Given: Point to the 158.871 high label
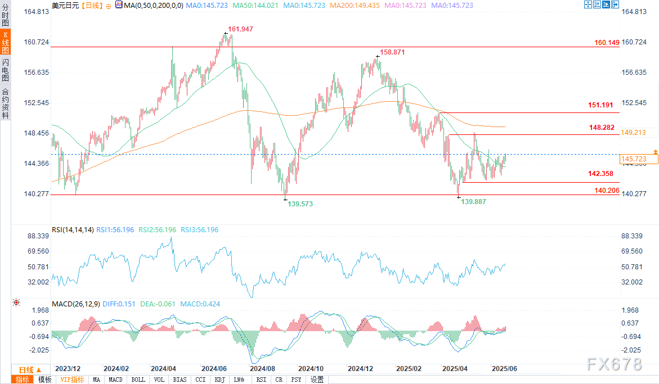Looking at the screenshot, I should point(392,52).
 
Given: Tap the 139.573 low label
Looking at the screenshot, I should point(300,204).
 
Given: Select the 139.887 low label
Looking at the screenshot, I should point(474,202).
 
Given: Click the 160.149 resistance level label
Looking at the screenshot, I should point(607,43).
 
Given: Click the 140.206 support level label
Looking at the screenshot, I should point(607,191).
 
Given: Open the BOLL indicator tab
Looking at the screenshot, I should point(138,380).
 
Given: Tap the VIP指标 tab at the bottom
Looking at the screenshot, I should point(73,380).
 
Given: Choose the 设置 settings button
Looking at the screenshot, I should point(317,380).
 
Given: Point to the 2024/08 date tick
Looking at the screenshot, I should point(262,369).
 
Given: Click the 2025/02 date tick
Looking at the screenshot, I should point(409,369).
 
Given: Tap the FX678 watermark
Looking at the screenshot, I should point(614,364).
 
